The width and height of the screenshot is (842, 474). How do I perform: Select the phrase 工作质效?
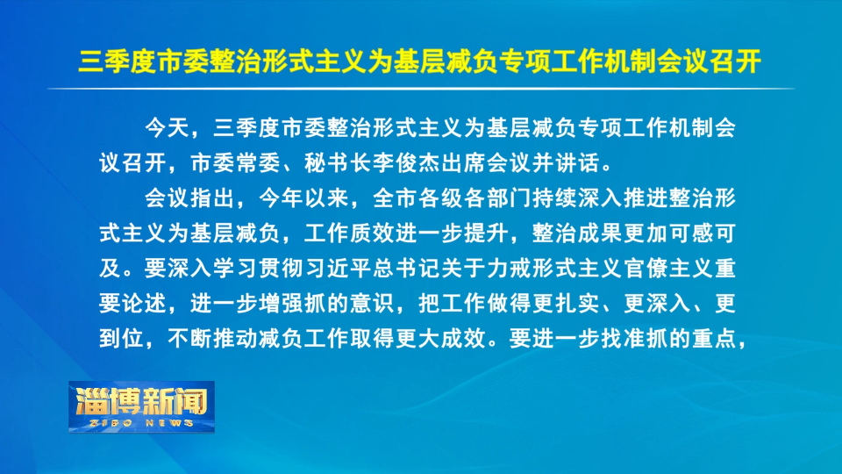click(349, 233)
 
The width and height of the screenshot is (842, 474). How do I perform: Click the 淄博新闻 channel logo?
click(141, 402)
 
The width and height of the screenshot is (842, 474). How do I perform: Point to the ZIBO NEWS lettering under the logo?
click(141, 423)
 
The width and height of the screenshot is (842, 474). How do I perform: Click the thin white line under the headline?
click(421, 89)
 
